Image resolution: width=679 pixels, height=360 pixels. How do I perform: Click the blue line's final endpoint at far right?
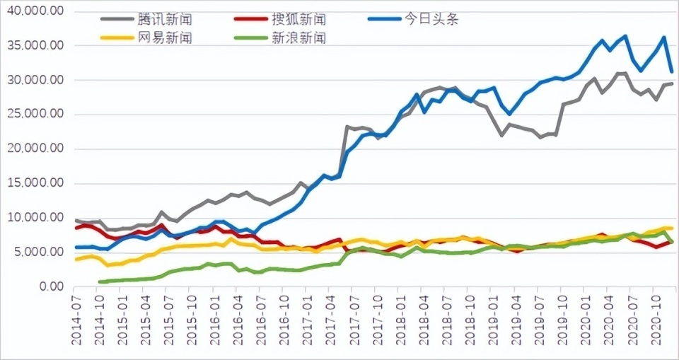point(671,71)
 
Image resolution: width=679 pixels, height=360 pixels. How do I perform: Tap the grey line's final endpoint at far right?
point(671,83)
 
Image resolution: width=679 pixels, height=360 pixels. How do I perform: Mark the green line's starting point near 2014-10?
point(100,281)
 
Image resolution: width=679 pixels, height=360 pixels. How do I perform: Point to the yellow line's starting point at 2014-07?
point(76,260)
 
